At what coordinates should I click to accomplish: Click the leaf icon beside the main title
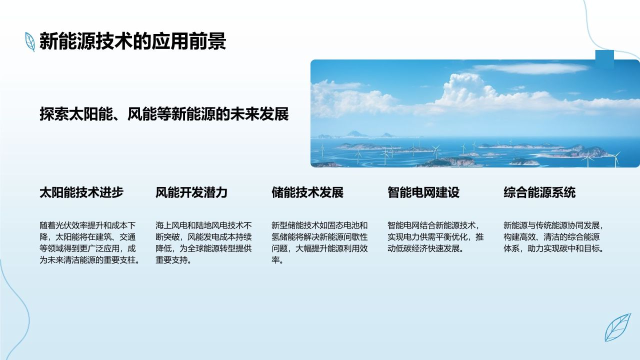[x=30, y=41]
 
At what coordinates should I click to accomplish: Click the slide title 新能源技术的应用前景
[x=132, y=41]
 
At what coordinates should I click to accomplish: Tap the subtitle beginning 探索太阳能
[x=164, y=114]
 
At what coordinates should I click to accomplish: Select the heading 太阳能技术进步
[x=81, y=192]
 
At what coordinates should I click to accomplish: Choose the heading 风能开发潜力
[x=191, y=192]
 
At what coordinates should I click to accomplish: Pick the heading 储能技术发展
[x=307, y=192]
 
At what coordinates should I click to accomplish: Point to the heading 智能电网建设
[x=423, y=192]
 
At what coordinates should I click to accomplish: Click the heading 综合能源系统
[x=539, y=192]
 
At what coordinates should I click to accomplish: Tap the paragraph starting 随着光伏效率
[x=88, y=242]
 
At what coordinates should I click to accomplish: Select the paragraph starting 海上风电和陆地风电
[x=203, y=242]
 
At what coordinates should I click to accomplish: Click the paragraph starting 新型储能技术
[x=319, y=242]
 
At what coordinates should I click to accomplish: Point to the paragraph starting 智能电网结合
[x=435, y=236]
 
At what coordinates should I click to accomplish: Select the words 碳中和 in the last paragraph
[x=568, y=248]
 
